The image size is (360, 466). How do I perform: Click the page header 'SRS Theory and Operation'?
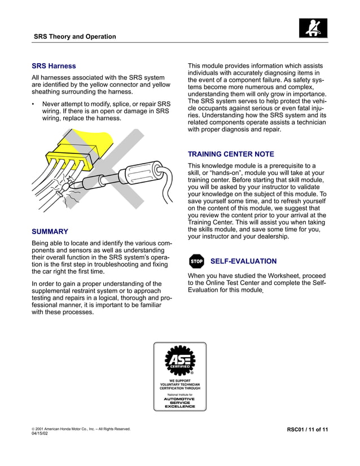pyautogui.click(x=74, y=37)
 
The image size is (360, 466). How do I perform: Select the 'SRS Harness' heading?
pyautogui.click(x=54, y=66)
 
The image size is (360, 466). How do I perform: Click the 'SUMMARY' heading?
pyautogui.click(x=50, y=231)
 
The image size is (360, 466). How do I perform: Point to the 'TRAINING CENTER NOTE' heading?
pyautogui.click(x=231, y=154)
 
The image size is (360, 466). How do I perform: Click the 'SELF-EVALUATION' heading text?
pyautogui.click(x=243, y=261)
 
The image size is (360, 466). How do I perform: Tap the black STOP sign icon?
pyautogui.click(x=196, y=262)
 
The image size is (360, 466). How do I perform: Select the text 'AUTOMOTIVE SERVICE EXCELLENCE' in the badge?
pyautogui.click(x=180, y=402)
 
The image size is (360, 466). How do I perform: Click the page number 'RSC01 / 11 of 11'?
pyautogui.click(x=308, y=430)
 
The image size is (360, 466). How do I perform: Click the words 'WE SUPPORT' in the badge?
pyautogui.click(x=180, y=381)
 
